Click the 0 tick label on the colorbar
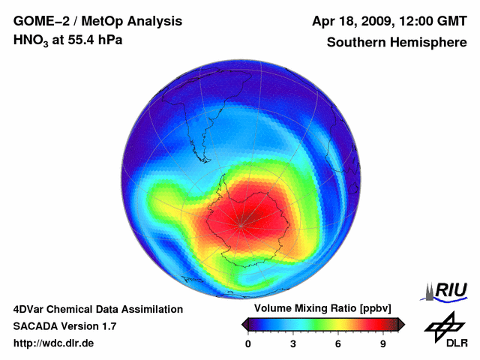point(248,344)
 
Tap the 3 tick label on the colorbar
point(293,344)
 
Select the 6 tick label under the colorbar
point(338,344)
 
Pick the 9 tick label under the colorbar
point(382,344)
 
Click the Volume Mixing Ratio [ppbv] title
point(319,309)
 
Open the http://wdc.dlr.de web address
point(54,343)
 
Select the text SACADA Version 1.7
point(64,326)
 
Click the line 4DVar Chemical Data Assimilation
point(97,309)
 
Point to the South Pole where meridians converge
point(241,223)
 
